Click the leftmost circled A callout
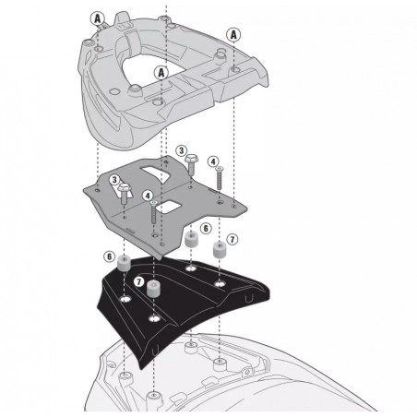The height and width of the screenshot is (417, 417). [x=97, y=19]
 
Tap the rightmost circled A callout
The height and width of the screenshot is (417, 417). [x=233, y=35]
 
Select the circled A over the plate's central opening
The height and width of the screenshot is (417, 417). [x=161, y=73]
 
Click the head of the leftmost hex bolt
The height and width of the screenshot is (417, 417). [x=124, y=187]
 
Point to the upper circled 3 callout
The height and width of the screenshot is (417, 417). [x=182, y=150]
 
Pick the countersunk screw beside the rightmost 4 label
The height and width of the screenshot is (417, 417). [x=220, y=178]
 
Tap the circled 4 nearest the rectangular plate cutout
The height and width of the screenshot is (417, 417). [x=148, y=196]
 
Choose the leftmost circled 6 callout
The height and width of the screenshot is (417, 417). [x=109, y=256]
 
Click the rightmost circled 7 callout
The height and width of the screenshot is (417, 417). [x=232, y=239]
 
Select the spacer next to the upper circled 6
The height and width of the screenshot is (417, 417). [x=191, y=240]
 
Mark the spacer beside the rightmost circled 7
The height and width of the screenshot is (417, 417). [x=220, y=249]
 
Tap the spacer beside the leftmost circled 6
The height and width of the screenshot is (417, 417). [x=124, y=264]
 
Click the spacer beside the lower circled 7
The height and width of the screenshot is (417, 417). [x=154, y=289]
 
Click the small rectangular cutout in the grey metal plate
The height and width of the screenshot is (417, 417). [x=167, y=207]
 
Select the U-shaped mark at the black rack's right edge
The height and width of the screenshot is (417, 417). [x=248, y=299]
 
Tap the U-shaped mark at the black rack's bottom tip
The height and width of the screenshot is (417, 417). [x=155, y=351]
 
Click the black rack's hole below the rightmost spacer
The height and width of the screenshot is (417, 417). [x=220, y=284]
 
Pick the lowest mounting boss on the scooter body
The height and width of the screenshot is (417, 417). [x=154, y=397]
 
